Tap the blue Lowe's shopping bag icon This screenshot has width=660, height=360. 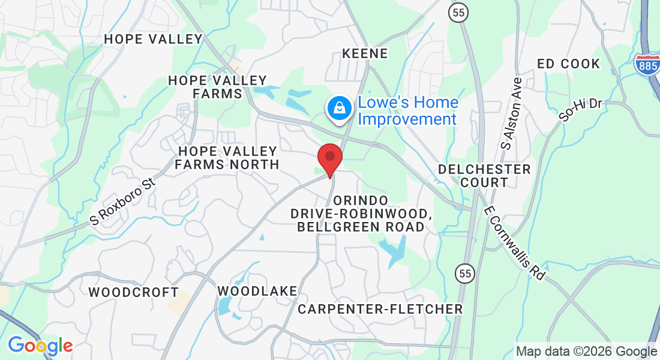[340, 109]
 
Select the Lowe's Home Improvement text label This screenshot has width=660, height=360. [408, 110]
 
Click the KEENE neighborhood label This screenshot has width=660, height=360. [365, 53]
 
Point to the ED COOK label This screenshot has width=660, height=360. [568, 64]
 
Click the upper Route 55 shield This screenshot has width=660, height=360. [458, 13]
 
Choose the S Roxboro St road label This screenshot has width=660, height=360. [122, 201]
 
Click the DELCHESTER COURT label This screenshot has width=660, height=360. [484, 175]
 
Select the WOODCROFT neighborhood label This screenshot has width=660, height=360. [133, 292]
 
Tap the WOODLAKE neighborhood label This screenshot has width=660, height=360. [257, 291]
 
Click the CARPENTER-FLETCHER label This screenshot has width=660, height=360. [380, 309]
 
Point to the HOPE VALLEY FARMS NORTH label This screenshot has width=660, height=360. [227, 157]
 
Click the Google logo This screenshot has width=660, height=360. [40, 346]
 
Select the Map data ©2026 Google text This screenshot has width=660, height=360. [586, 351]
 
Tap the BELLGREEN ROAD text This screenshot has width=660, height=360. [361, 227]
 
